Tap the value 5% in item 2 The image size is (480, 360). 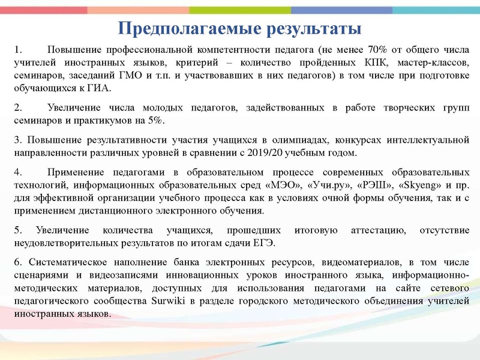tap(154, 121)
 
